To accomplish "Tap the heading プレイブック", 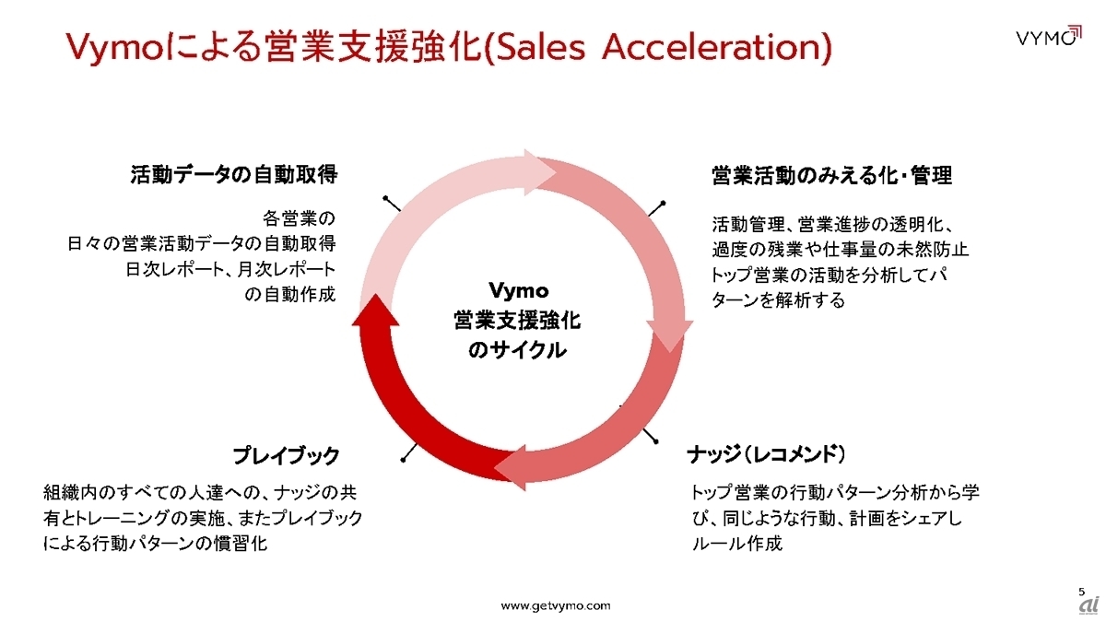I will (286, 455).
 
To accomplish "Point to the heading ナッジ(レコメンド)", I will (767, 455).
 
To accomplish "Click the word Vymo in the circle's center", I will (518, 291).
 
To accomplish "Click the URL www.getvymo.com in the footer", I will (555, 605).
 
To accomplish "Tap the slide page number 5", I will (1081, 591).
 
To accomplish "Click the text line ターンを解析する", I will (778, 300).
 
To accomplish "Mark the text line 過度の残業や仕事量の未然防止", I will (840, 250).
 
